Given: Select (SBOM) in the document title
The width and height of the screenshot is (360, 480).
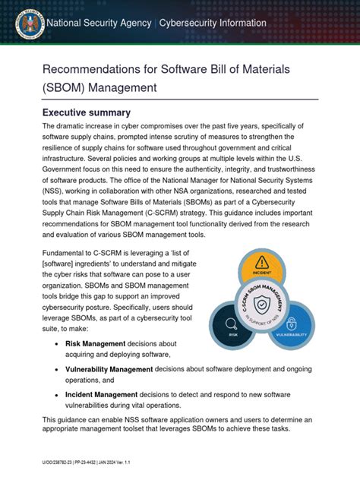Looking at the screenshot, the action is tap(67, 87).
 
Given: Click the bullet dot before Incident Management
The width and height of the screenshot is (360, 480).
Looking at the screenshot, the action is tap(58, 395).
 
